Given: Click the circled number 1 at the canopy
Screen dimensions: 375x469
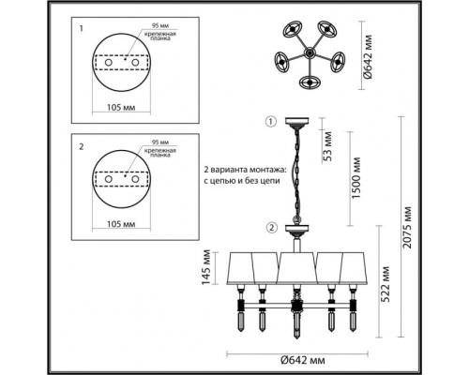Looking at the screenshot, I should pyautogui.click(x=271, y=122).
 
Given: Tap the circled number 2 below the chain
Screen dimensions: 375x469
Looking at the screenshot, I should pyautogui.click(x=271, y=226).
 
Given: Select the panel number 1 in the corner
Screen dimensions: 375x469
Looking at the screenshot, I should pyautogui.click(x=82, y=28).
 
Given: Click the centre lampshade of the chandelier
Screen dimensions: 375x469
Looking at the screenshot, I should pyautogui.click(x=296, y=269).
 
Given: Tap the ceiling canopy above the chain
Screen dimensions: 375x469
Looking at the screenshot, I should pyautogui.click(x=297, y=123).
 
